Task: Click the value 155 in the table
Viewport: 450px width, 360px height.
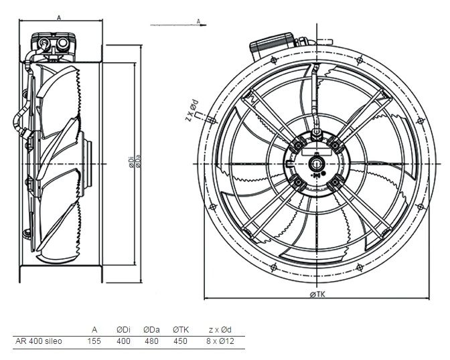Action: pos(94,341)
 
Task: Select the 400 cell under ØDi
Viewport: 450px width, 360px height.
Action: pos(123,341)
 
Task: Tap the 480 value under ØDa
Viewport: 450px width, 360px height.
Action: pos(151,341)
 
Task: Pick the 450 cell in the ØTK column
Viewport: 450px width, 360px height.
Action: pos(180,341)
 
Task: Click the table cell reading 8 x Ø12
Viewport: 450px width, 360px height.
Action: pos(220,341)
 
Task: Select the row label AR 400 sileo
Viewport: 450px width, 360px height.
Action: pos(38,341)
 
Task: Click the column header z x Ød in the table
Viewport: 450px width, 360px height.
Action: pos(220,330)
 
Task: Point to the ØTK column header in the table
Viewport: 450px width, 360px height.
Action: pos(181,330)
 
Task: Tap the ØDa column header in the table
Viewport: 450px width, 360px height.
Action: pos(151,330)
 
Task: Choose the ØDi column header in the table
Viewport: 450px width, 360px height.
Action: pos(123,330)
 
